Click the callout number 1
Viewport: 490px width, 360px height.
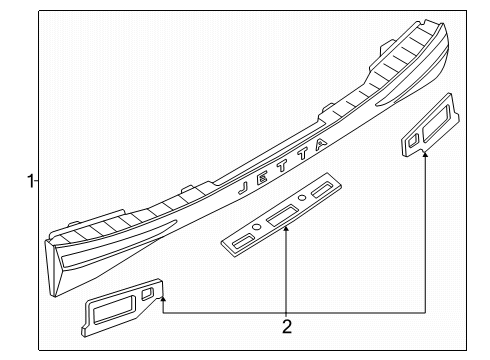30,181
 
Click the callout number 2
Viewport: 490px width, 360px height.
287,326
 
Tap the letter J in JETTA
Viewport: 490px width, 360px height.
243,188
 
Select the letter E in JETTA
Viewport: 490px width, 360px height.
262,178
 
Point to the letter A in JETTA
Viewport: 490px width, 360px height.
321,144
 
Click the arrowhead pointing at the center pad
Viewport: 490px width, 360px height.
286,228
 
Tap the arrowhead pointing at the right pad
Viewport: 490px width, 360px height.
425,154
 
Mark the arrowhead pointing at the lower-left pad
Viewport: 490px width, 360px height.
163,299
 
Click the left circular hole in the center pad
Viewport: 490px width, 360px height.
256,227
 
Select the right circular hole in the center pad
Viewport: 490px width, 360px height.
302,198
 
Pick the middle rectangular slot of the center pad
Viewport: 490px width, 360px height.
282,215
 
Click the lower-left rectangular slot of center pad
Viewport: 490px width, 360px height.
243,241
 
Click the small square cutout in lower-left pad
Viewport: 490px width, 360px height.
147,294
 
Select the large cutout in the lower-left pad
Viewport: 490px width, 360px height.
114,310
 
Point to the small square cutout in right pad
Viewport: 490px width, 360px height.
413,140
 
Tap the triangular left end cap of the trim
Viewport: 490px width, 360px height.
53,268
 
